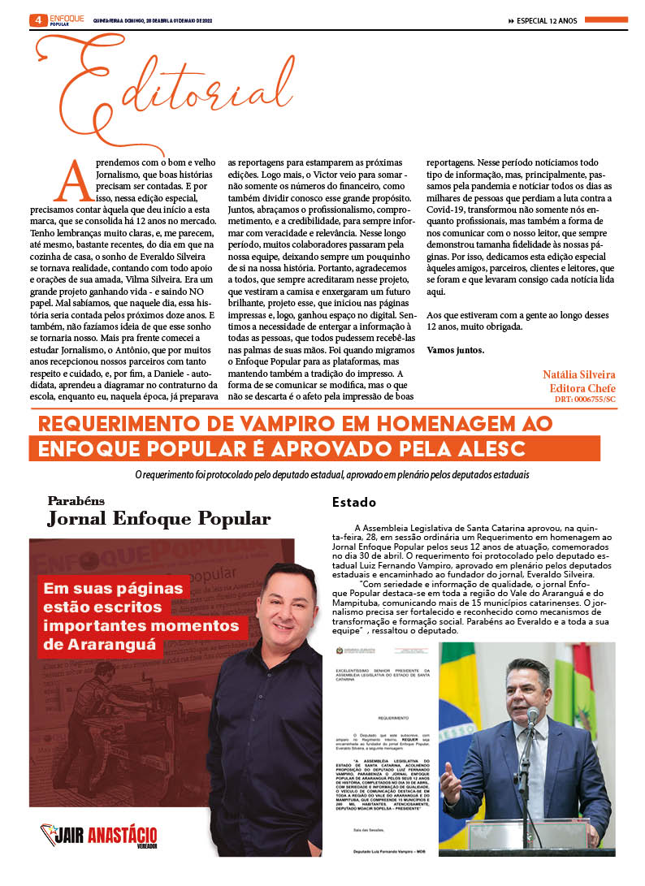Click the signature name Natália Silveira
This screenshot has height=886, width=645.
click(x=578, y=374)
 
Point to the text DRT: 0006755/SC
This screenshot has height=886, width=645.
click(x=585, y=400)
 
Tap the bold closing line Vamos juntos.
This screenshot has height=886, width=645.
click(x=455, y=350)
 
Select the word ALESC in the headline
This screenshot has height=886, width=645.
click(x=488, y=449)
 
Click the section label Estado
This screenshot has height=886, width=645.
click(x=353, y=503)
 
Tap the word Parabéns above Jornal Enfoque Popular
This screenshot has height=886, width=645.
click(x=76, y=501)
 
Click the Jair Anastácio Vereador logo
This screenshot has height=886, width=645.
click(x=99, y=835)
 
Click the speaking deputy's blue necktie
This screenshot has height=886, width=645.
click(x=536, y=763)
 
